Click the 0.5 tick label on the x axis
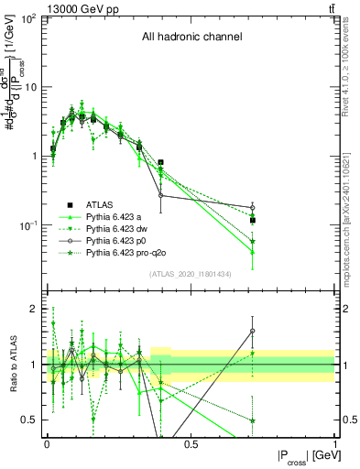(191, 444)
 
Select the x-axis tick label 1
(335, 444)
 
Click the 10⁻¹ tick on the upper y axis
(27, 225)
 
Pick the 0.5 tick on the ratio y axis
(29, 420)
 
